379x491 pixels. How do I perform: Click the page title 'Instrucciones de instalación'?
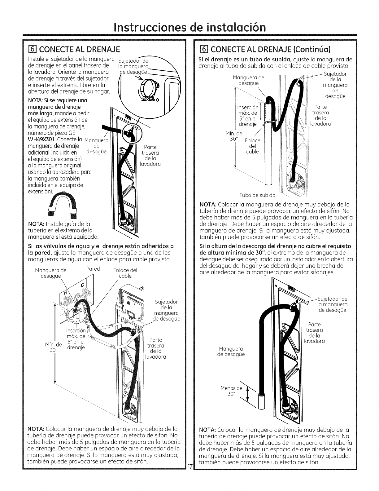tap(189, 27)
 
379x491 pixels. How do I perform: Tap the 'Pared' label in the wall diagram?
tap(93, 268)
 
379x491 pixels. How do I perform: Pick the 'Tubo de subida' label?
tap(257, 195)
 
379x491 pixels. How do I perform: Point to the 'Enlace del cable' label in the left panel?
tap(125, 273)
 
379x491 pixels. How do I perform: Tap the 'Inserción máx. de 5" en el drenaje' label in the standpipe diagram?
tap(247, 116)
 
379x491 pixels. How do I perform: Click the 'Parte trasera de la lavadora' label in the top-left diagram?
tap(150, 155)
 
